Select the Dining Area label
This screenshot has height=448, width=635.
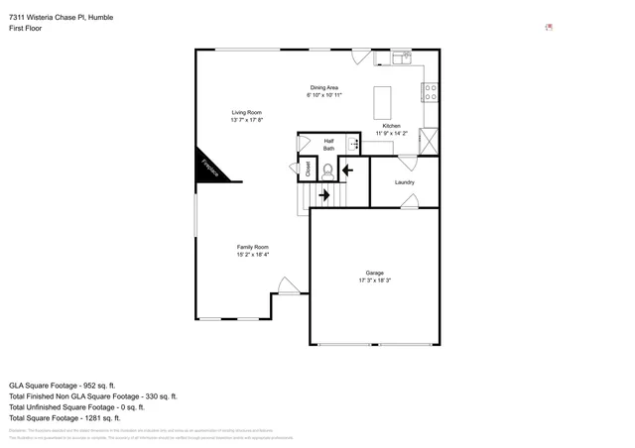tap(324, 88)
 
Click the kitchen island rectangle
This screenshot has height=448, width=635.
tap(383, 103)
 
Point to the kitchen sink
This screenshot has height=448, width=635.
tap(401, 58)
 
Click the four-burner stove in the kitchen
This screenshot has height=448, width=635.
tap(431, 93)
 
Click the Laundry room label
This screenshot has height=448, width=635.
tap(404, 182)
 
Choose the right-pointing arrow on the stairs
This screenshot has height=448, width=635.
tap(323, 195)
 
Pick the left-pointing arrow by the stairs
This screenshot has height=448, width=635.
tap(347, 169)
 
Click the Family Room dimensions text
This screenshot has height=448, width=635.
tap(252, 255)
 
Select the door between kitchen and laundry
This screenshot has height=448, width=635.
tap(407, 161)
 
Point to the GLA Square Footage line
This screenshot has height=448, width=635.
tap(63, 385)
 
